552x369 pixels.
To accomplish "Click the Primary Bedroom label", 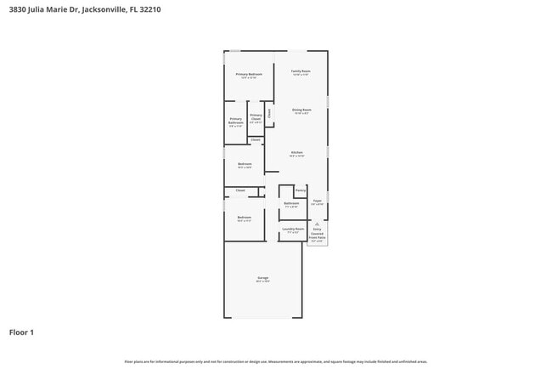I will (249, 75).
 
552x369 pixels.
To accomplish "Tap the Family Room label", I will (301, 71).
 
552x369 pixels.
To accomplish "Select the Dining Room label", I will (301, 110).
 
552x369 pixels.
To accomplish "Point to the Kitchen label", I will (296, 153).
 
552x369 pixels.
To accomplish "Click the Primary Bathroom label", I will (235, 121).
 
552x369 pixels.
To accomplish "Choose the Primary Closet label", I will (256, 118).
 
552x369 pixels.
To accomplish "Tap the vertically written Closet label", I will (269, 112).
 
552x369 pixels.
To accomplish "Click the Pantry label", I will (301, 190).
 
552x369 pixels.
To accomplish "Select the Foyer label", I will (317, 202).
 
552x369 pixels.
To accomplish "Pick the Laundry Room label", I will (293, 230).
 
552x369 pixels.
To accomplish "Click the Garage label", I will (262, 278).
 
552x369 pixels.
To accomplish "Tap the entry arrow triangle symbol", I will (317, 224).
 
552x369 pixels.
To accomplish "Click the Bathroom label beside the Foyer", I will (291, 203).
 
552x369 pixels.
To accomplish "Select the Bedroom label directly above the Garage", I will (244, 218).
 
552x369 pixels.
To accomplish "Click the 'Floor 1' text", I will (21, 332).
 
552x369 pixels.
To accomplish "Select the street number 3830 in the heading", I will (17, 9).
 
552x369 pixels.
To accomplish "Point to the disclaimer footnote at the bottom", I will (275, 361).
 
